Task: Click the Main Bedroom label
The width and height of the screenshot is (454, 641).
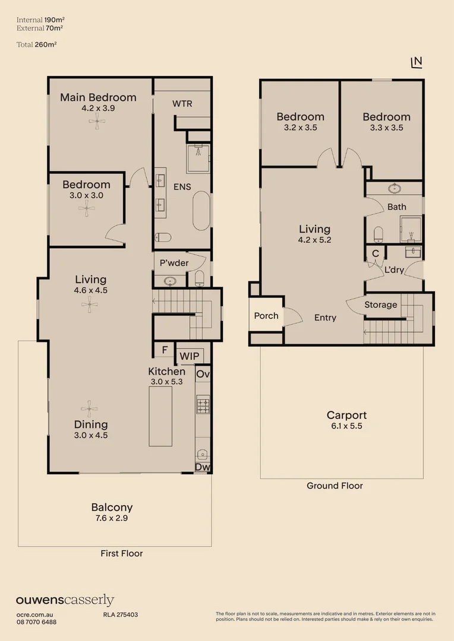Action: click(x=98, y=97)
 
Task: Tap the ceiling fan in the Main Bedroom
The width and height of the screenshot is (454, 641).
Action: click(x=98, y=122)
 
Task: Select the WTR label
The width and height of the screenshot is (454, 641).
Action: click(x=182, y=104)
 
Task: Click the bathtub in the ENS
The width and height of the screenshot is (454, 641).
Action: click(x=201, y=211)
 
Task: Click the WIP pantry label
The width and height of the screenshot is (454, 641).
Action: click(x=189, y=356)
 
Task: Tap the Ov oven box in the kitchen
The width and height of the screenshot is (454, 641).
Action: click(x=203, y=375)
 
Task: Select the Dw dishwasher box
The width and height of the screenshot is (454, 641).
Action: click(x=203, y=468)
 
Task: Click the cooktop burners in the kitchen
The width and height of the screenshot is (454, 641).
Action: click(x=202, y=405)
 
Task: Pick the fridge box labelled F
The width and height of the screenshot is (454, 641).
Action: click(x=164, y=350)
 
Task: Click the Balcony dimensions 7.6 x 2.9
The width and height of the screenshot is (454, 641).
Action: click(x=112, y=518)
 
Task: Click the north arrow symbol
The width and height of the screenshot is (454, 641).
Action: click(x=417, y=62)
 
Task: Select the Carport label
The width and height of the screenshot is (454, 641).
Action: click(x=346, y=415)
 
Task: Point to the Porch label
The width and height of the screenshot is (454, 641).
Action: click(x=266, y=316)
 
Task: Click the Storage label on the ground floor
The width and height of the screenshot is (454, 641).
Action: click(x=380, y=305)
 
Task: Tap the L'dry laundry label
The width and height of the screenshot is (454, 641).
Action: click(x=395, y=270)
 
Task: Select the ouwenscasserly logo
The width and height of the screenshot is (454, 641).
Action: click(x=65, y=601)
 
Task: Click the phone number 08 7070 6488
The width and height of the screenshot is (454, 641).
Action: click(x=36, y=622)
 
